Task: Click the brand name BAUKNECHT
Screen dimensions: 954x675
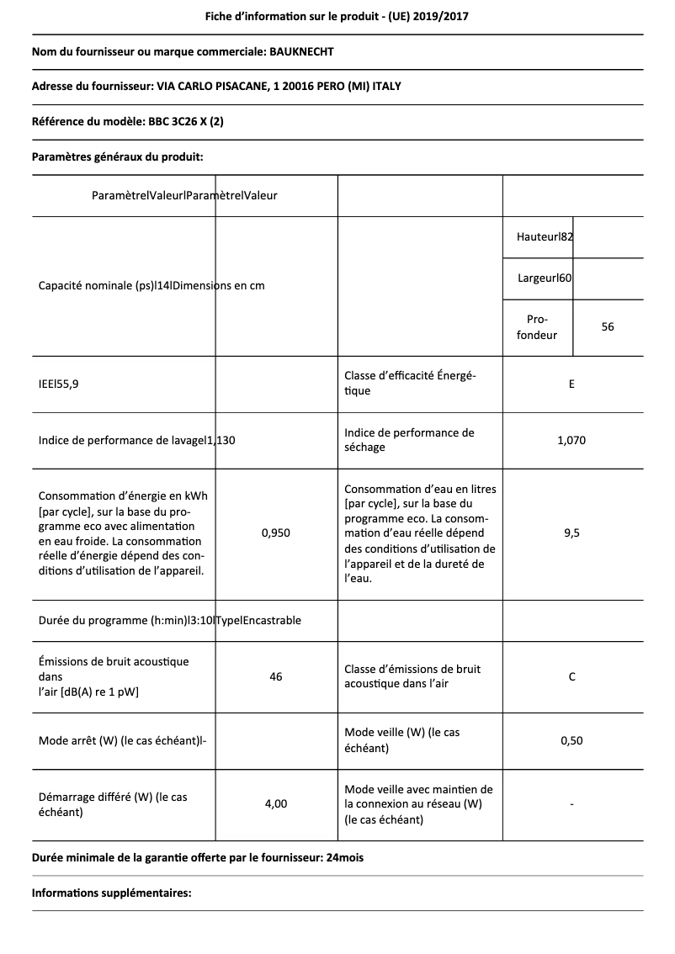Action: click(x=300, y=52)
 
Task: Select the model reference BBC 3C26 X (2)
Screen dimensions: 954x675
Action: click(x=185, y=122)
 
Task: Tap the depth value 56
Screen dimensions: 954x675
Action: click(x=608, y=326)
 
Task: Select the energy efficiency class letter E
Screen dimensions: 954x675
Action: click(x=571, y=384)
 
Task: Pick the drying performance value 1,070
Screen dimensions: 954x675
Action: click(x=571, y=440)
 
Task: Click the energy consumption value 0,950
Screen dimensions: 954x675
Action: click(x=275, y=533)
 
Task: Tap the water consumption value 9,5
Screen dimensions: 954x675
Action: click(x=571, y=533)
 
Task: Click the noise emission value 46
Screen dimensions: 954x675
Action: click(x=275, y=676)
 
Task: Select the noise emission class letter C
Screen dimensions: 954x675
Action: click(x=571, y=676)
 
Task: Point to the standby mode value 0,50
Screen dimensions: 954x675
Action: click(x=571, y=740)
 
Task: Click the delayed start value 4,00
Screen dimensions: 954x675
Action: click(x=275, y=804)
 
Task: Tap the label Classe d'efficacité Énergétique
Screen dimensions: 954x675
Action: click(x=410, y=384)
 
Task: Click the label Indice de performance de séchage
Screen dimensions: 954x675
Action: click(x=409, y=440)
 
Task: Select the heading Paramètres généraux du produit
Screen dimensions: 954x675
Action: click(x=117, y=156)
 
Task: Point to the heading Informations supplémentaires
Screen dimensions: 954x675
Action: click(x=111, y=893)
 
